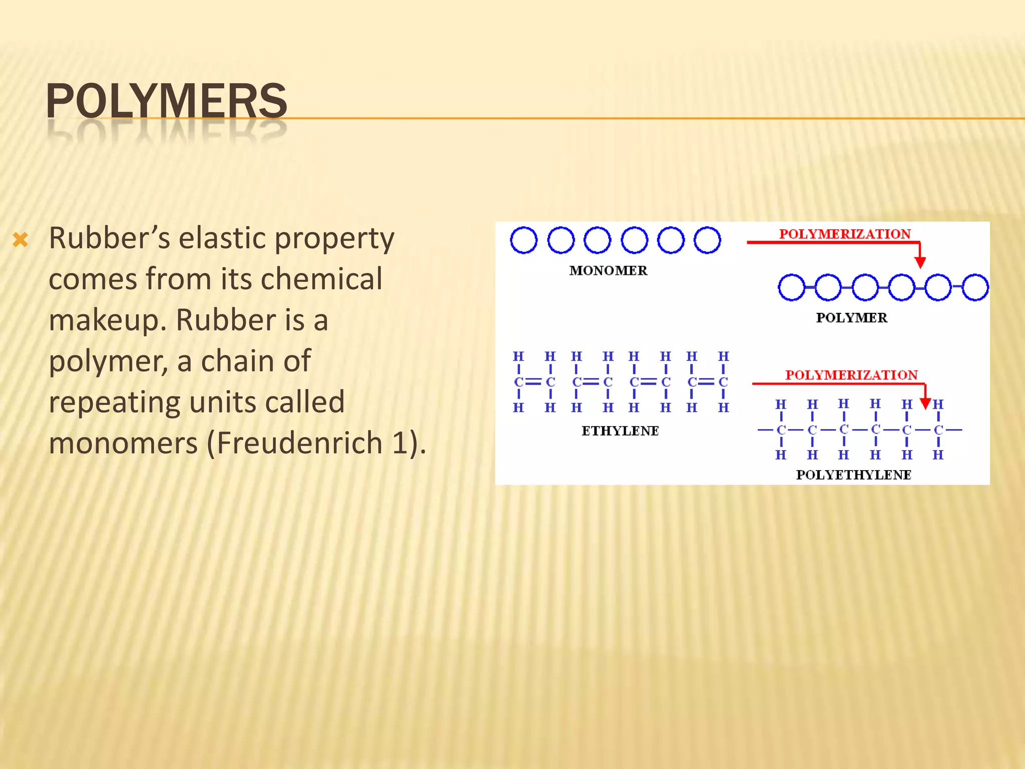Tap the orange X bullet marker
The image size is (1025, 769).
click(x=21, y=240)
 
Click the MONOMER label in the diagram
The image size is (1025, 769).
click(x=608, y=271)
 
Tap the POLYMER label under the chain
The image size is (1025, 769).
click(x=851, y=318)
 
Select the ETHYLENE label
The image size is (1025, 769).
click(x=620, y=431)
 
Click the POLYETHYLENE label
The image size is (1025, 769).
click(x=853, y=475)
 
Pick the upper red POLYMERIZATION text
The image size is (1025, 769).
click(x=845, y=234)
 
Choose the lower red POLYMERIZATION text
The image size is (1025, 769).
click(x=851, y=375)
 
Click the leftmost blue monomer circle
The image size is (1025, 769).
click(x=524, y=240)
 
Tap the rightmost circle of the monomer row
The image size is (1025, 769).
click(x=707, y=240)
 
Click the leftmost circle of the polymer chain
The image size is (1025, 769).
click(x=791, y=287)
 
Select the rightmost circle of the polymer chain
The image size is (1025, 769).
click(x=975, y=287)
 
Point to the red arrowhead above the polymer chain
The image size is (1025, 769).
click(x=920, y=262)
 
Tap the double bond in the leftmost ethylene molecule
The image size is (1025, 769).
click(x=534, y=382)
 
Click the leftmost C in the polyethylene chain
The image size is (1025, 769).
click(x=781, y=430)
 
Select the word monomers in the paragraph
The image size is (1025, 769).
click(x=123, y=443)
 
